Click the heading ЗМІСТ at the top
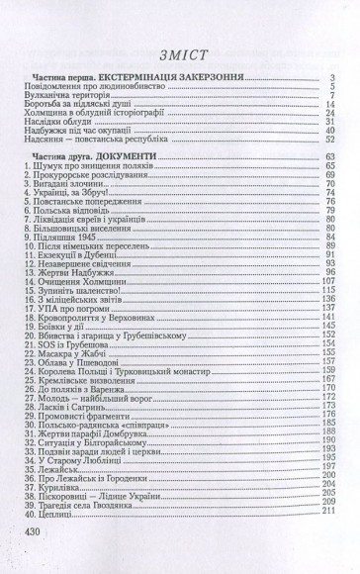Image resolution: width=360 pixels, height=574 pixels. pyautogui.click(x=179, y=54)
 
